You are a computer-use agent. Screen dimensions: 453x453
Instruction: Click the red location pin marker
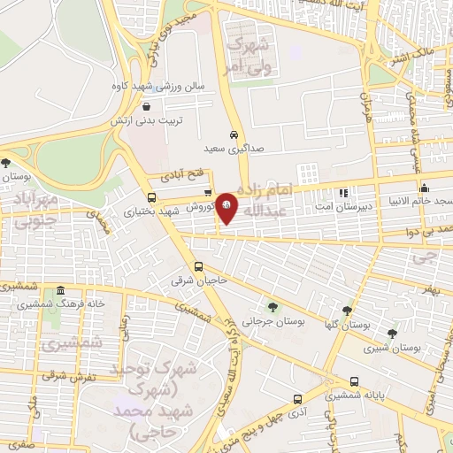click(x=227, y=206)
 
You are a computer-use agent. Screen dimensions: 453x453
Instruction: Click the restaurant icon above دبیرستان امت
click(x=343, y=191)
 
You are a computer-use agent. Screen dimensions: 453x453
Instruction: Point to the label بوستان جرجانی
click(x=275, y=323)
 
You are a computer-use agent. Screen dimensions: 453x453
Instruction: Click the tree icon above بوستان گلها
click(x=347, y=311)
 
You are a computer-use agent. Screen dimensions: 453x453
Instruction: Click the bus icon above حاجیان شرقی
click(x=198, y=266)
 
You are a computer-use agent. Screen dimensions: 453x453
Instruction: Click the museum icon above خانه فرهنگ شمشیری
click(x=60, y=291)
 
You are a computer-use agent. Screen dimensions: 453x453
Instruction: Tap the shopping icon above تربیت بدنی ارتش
click(x=146, y=105)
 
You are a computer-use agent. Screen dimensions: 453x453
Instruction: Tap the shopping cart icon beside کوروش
click(x=207, y=192)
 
